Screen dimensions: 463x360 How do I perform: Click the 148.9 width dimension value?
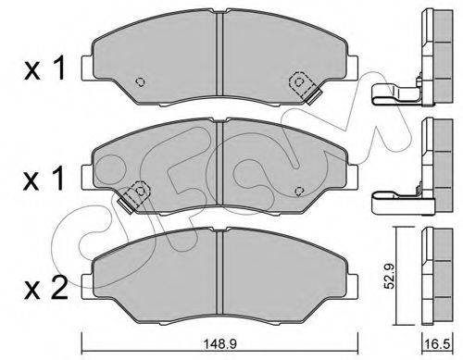220,344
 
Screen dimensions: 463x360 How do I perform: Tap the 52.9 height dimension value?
390,276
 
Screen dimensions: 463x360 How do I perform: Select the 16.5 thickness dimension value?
437,344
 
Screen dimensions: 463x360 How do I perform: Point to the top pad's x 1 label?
44,68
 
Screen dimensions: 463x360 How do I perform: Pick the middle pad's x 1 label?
44,178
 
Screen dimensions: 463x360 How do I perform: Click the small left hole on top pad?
141,81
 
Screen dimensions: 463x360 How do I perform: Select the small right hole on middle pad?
299,191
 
